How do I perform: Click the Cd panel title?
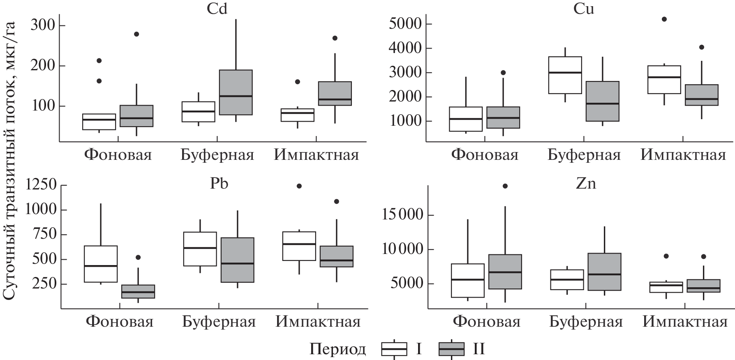[217, 9]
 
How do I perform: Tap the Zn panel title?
[585, 183]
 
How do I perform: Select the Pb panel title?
[219, 183]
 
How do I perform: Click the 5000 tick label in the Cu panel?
[405, 24]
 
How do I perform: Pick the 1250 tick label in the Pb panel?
[41, 185]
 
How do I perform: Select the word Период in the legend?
[337, 349]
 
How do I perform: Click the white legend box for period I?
[394, 349]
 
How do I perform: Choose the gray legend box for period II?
[451, 349]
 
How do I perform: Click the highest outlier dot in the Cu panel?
[664, 19]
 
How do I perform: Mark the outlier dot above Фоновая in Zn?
[505, 186]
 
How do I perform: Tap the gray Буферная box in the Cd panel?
[236, 92]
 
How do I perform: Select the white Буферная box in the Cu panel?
[565, 75]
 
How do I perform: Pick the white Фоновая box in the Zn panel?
[467, 280]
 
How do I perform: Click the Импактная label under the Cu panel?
[683, 155]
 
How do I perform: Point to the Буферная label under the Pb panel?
[219, 321]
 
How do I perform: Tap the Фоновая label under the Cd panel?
[118, 155]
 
